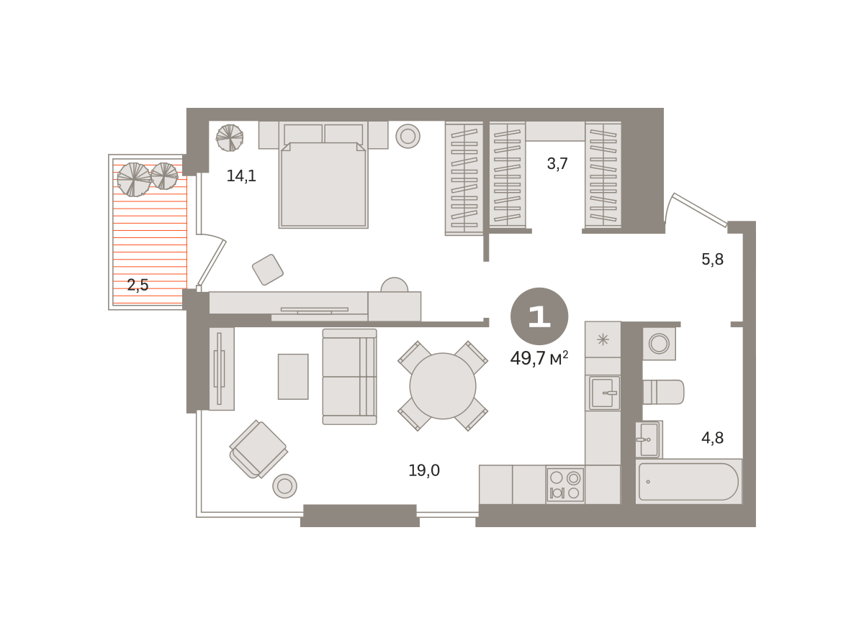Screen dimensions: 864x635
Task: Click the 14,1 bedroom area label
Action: (x=241, y=176)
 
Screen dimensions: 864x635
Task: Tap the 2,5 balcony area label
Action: (x=138, y=285)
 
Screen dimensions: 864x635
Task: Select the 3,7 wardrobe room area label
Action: (x=557, y=164)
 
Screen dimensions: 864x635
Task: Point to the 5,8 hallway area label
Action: (x=712, y=260)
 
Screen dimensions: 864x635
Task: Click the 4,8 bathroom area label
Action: (x=712, y=438)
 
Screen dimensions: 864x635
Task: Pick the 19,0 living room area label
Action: (x=424, y=470)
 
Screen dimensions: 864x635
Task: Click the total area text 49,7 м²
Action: (x=539, y=358)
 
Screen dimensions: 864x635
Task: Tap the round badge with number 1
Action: (x=539, y=316)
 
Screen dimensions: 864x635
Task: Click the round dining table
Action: (x=443, y=386)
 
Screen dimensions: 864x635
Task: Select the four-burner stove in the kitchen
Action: (x=565, y=485)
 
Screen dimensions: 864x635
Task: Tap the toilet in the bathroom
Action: (x=663, y=392)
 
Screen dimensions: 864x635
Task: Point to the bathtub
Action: (x=689, y=482)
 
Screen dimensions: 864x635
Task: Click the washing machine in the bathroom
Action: (x=659, y=343)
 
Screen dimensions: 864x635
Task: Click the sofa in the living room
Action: (x=349, y=377)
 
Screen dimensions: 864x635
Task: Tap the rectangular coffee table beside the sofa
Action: (x=293, y=377)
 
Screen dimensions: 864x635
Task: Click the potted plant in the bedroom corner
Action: (x=230, y=137)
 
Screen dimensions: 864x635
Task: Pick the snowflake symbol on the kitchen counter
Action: (x=603, y=339)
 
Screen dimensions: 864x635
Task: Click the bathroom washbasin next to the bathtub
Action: (x=649, y=439)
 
